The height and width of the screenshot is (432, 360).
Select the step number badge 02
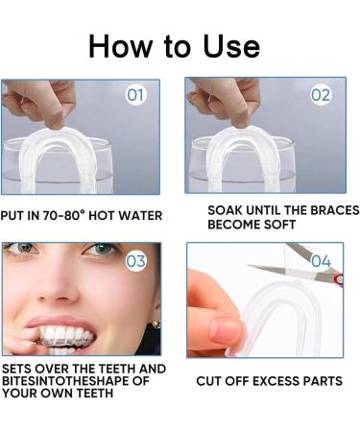tap(320, 95)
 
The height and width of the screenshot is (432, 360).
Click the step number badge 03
tap(136, 260)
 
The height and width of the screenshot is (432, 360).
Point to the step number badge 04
tap(321, 260)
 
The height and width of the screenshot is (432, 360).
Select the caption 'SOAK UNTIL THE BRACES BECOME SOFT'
tap(282, 217)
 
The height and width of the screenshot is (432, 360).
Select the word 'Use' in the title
tap(225, 45)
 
